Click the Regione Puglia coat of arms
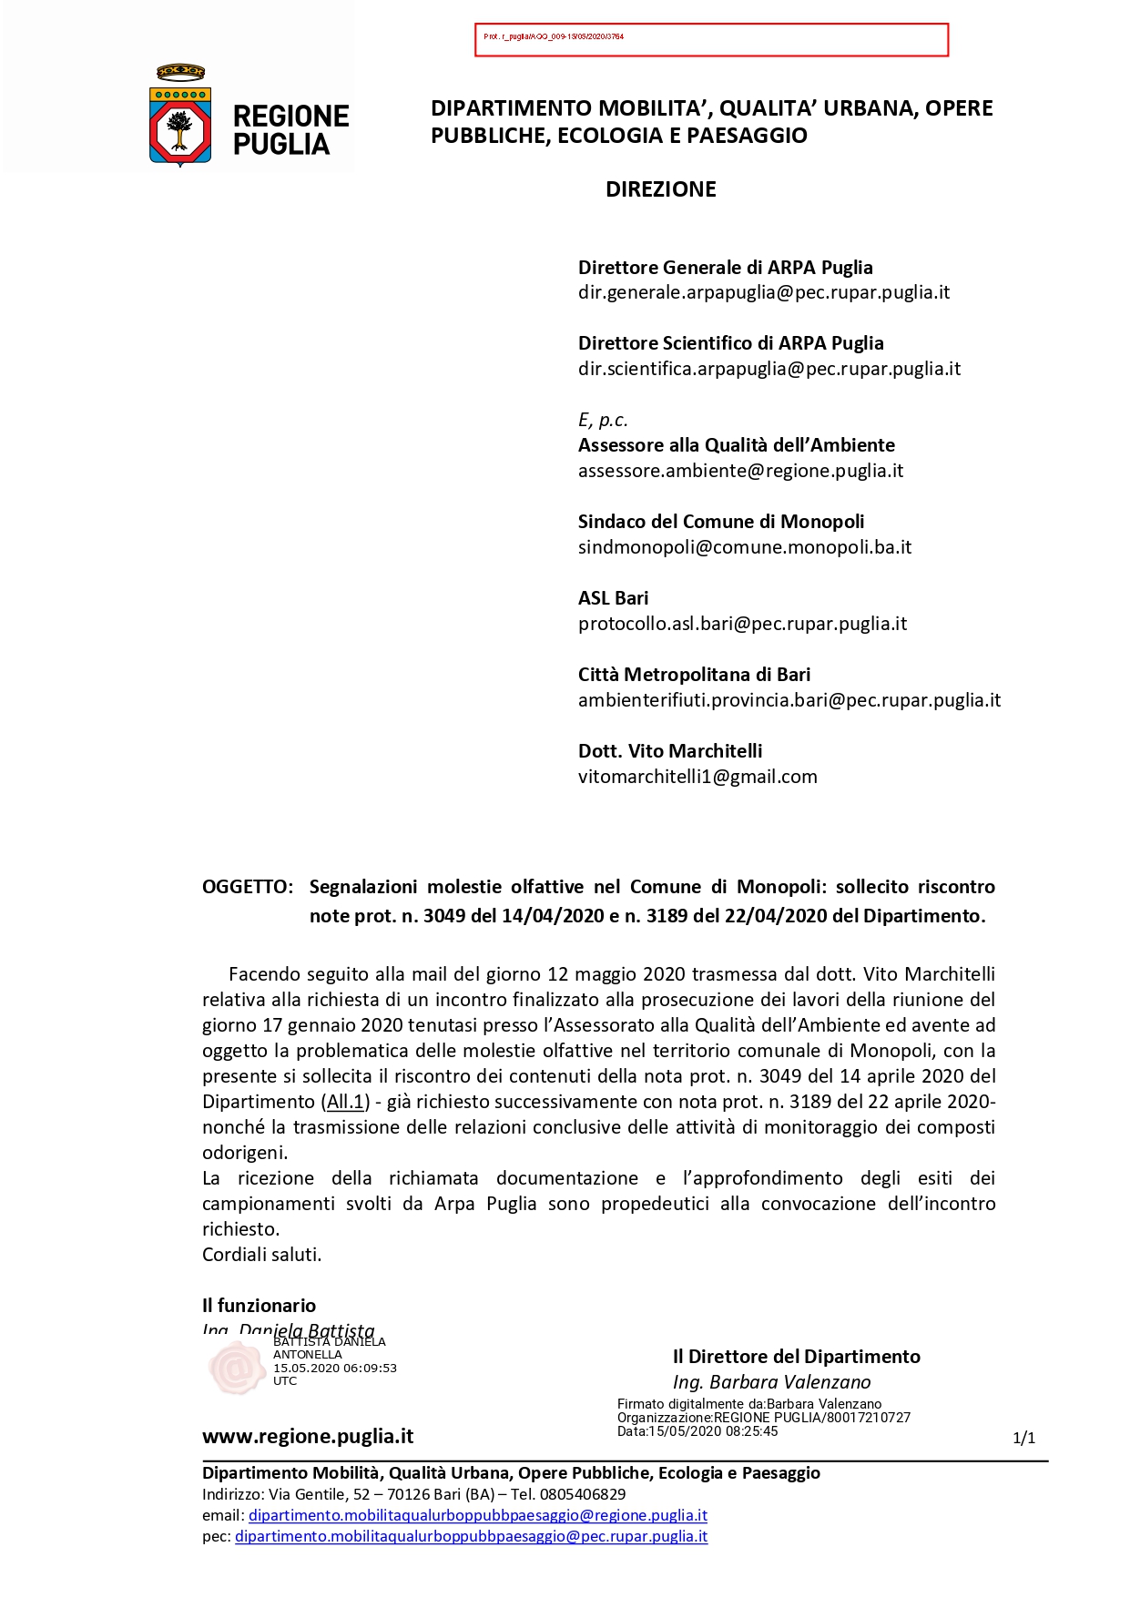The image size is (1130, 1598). point(180,117)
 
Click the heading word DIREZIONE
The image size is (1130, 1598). point(660,189)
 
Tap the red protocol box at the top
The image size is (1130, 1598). point(711,40)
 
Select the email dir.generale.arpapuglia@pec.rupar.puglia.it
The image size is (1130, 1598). point(763,292)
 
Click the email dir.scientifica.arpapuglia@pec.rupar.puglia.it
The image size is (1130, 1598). point(769,369)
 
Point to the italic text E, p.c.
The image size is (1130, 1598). point(603,420)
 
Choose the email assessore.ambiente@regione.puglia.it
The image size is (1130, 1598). point(740,471)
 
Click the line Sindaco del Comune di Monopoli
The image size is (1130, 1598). point(720,522)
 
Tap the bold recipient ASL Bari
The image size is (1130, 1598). point(613,598)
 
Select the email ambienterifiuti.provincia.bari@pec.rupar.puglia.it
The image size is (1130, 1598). point(789,700)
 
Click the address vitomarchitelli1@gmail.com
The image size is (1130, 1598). point(697,777)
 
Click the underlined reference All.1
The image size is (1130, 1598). point(345,1102)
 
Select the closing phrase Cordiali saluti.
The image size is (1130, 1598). point(261,1255)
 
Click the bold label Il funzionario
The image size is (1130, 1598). point(259,1306)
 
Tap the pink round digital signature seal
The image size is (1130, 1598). point(236,1367)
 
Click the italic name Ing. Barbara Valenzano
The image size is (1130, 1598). point(771,1382)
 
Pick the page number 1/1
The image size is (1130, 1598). point(1023,1438)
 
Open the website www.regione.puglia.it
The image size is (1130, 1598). point(307,1437)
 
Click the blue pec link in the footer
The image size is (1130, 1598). point(471,1536)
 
